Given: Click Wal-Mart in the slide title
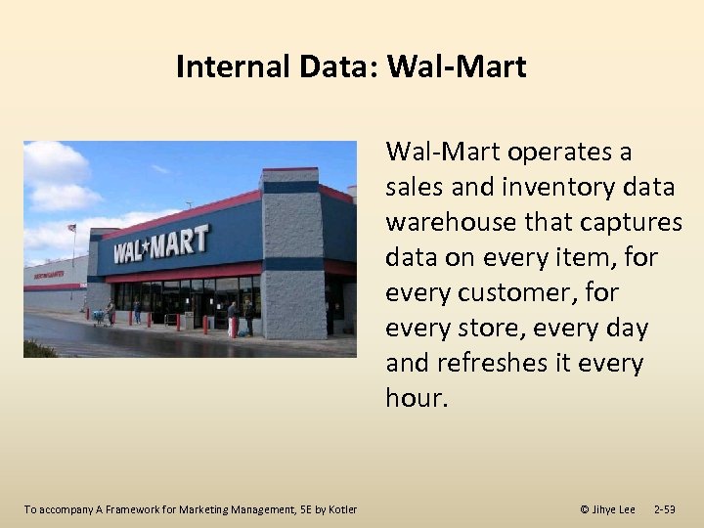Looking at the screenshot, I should [457, 66].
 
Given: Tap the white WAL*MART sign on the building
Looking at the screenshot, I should [160, 244].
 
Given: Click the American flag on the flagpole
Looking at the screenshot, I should [71, 228].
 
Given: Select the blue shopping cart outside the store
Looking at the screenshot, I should [98, 316].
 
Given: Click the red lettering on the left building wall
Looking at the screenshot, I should [49, 275].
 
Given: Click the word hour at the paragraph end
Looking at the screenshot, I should [414, 399].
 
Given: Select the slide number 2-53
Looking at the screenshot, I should [664, 509].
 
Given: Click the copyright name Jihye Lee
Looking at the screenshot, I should [613, 509].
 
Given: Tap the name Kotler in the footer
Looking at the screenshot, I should [341, 509].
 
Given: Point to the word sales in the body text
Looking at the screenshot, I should [414, 188].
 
